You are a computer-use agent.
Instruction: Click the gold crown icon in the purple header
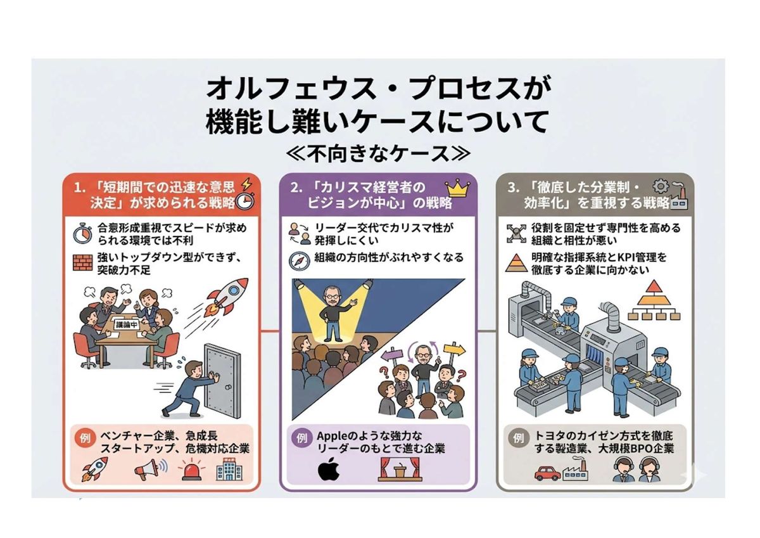pos(457,189)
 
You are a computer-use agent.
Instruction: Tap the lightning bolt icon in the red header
pos(246,185)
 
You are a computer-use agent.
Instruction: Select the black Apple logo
pos(329,469)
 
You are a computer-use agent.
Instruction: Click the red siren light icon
pos(192,470)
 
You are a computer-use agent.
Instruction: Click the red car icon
pos(547,473)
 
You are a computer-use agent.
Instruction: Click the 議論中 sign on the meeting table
pos(127,324)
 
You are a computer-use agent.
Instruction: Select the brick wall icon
pos(83,263)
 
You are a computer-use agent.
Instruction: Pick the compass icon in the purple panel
pos(300,261)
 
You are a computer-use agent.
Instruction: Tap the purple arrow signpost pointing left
pos(393,355)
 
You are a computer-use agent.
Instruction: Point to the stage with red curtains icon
pos(400,469)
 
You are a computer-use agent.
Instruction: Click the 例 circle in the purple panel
pos(301,439)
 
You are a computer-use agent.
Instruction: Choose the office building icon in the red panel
pos(229,469)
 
